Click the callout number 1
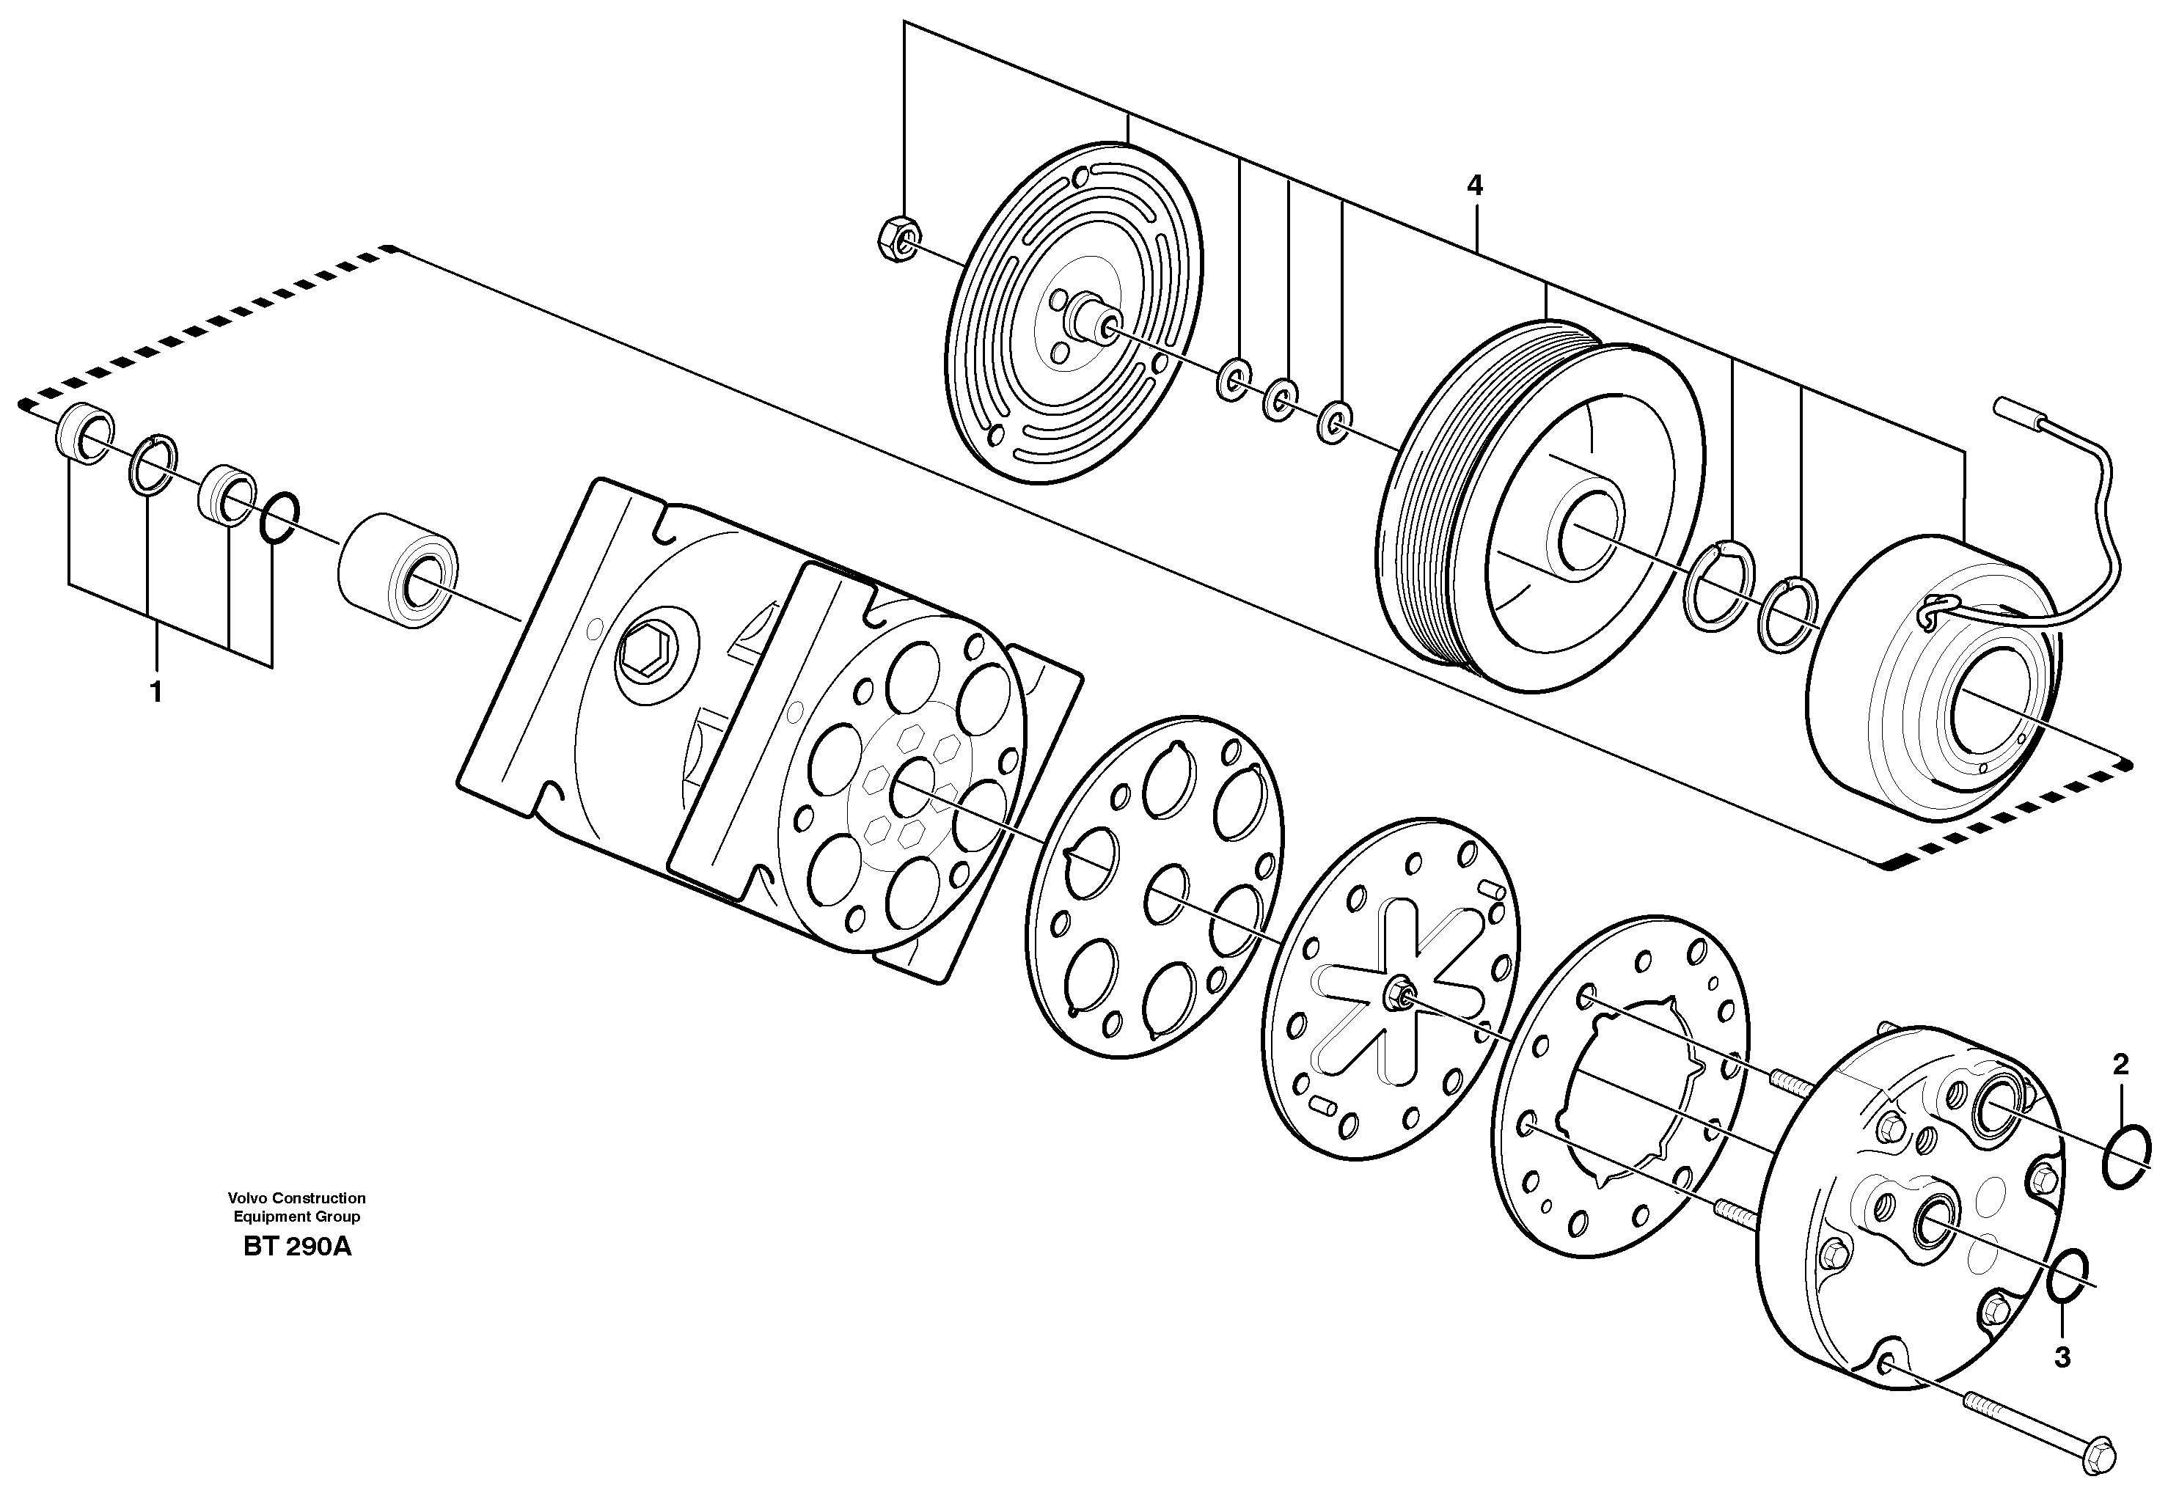[156, 693]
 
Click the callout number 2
[2120, 1063]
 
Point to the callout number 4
[1475, 186]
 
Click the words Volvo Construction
[296, 1197]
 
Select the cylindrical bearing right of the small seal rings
[397, 566]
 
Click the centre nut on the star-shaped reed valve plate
[1399, 991]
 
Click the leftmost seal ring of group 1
[84, 433]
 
